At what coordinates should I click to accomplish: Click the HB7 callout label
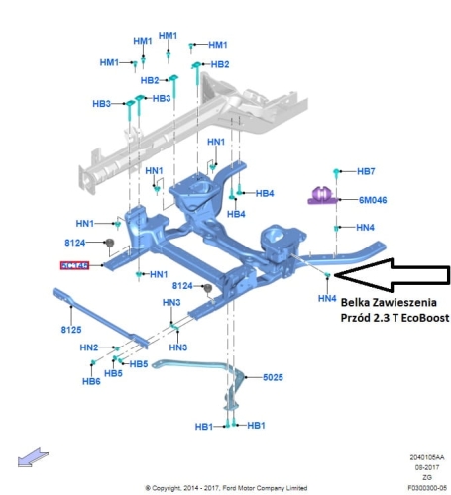click(366, 171)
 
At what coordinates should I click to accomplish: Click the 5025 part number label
click(273, 377)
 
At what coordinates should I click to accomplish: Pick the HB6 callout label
click(91, 381)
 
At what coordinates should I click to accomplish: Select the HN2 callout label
click(89, 347)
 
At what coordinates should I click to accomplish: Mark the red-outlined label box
click(75, 265)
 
